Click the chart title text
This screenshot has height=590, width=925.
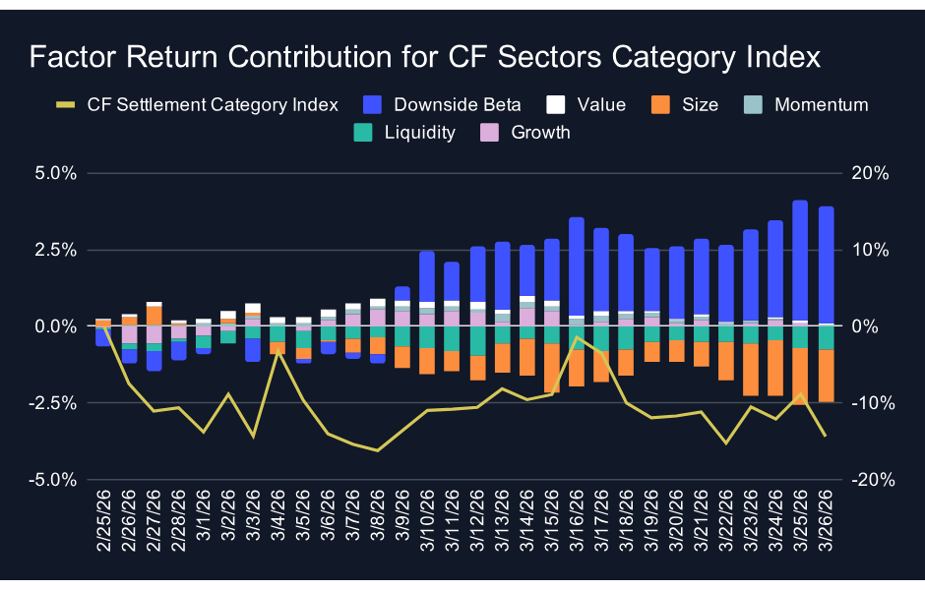point(424,57)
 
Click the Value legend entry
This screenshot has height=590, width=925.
point(586,104)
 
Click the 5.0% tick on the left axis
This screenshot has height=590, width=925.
point(56,173)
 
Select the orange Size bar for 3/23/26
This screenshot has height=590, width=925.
point(751,370)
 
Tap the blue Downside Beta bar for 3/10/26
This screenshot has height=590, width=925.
point(427,276)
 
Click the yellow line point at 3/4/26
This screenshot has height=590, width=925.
point(277,350)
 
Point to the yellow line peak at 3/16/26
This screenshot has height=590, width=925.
point(577,337)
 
